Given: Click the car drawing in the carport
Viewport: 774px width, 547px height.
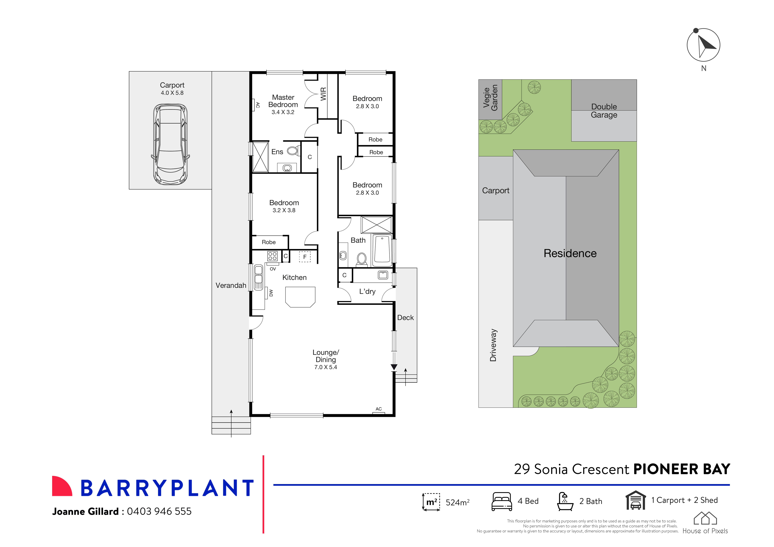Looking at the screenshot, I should [x=170, y=144].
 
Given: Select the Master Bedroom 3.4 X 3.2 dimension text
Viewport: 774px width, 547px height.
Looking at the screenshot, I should [x=283, y=112].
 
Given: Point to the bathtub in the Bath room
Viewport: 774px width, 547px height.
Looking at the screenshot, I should [x=382, y=250].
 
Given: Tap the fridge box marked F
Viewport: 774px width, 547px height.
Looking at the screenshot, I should [x=305, y=257].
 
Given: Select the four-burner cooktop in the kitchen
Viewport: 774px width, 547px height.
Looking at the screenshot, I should [x=272, y=256].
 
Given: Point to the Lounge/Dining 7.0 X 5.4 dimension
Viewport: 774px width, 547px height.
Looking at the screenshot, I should [x=326, y=367].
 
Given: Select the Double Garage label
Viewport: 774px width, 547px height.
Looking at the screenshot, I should [x=604, y=111].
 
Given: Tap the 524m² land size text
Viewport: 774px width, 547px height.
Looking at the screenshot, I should [x=457, y=503].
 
